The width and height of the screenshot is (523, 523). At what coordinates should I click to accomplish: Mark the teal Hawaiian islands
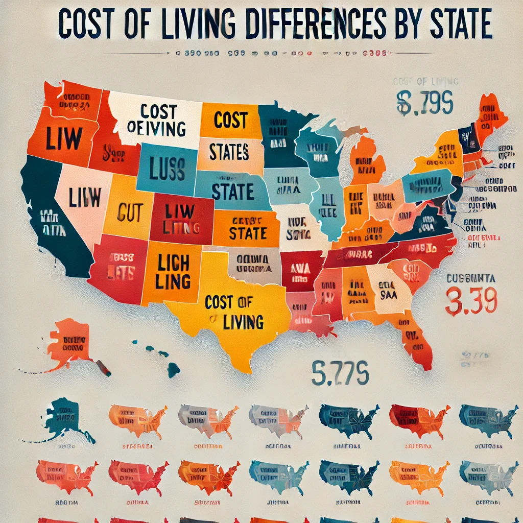click(x=163, y=358)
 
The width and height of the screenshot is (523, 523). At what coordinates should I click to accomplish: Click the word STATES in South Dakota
click(x=229, y=151)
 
